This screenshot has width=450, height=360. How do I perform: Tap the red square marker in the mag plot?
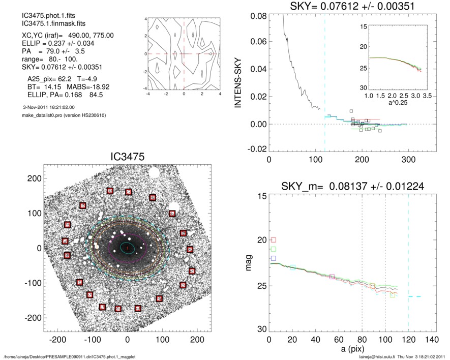pos(273,240)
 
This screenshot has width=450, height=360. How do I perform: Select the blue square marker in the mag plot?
pos(273,259)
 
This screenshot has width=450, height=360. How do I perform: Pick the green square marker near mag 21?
pos(273,249)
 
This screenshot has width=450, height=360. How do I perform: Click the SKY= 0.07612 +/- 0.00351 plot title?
pos(352,7)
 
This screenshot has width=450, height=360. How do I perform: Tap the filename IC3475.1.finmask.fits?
pos(49,24)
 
